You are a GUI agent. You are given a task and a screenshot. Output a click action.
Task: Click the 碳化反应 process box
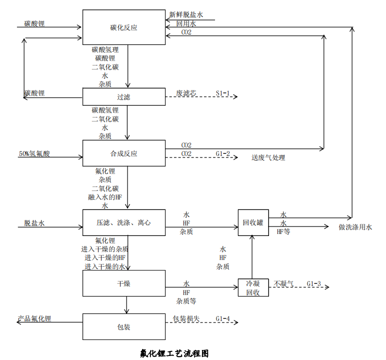pyautogui.click(x=123, y=27)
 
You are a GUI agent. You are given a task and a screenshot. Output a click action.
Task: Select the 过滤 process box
pyautogui.click(x=123, y=97)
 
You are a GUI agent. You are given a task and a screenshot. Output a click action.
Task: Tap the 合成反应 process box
pyautogui.click(x=123, y=153)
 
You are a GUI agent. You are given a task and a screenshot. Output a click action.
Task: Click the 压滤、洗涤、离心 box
pyautogui.click(x=123, y=222)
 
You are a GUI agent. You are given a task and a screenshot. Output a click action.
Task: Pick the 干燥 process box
pyautogui.click(x=123, y=283)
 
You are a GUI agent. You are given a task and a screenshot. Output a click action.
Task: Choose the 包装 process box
pyautogui.click(x=123, y=326)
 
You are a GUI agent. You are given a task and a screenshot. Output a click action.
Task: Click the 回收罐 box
pyautogui.click(x=253, y=222)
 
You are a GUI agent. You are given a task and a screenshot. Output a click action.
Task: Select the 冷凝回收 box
pyautogui.click(x=253, y=287)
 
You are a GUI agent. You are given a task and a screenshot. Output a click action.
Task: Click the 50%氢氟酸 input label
pyautogui.click(x=34, y=153)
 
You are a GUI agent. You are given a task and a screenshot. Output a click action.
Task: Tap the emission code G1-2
pyautogui.click(x=223, y=153)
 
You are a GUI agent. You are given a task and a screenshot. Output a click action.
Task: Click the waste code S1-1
pyautogui.click(x=223, y=93)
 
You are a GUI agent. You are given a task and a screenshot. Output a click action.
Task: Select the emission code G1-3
pyautogui.click(x=314, y=283)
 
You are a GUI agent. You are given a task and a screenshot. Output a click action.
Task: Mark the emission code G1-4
pyautogui.click(x=223, y=318)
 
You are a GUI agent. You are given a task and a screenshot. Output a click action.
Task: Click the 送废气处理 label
pyautogui.click(x=268, y=157)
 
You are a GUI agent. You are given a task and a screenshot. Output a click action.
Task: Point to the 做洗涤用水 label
pyautogui.click(x=355, y=227)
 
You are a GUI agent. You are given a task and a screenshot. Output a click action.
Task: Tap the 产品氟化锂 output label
pyautogui.click(x=34, y=318)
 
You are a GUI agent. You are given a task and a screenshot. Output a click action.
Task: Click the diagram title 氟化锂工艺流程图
pyautogui.click(x=174, y=353)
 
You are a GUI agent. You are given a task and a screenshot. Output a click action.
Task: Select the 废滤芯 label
pyautogui.click(x=186, y=93)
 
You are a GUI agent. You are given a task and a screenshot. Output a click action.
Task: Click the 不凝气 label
pyautogui.click(x=283, y=283)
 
